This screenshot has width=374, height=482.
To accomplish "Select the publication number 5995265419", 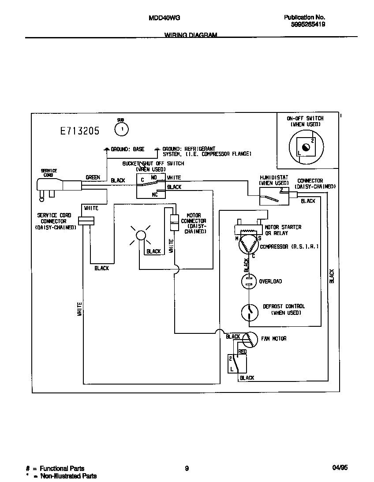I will (308, 25).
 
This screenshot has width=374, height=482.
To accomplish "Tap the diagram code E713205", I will (80, 131).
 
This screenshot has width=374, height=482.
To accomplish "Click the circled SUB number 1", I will (121, 129).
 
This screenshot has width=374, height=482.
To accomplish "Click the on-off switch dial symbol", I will (306, 147).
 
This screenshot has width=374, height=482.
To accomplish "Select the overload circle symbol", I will (249, 281).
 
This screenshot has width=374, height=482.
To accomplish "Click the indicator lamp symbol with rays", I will (140, 235).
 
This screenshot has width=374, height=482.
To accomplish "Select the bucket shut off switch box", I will (151, 186).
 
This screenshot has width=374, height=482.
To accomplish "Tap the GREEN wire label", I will (93, 177).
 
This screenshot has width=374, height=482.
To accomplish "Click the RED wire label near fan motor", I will (242, 351).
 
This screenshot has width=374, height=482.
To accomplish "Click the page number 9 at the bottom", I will (187, 469).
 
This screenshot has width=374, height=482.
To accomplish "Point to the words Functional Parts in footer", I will (62, 468).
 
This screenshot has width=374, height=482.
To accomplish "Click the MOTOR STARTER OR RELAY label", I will (283, 230).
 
